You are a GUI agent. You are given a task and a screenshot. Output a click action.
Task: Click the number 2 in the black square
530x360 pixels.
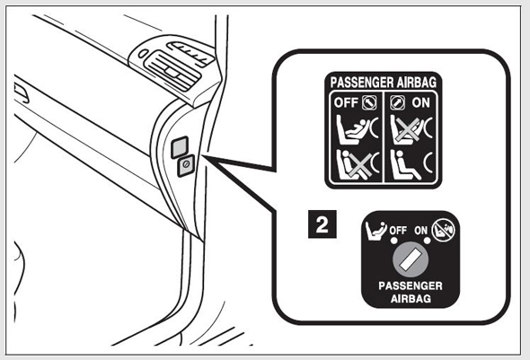coord(322,224)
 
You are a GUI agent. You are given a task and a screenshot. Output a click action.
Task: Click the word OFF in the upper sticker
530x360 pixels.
coord(346,102)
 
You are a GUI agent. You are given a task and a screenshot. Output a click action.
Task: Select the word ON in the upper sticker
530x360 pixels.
coord(420,102)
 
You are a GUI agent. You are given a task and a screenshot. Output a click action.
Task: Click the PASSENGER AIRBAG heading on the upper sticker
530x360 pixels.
coord(384,83)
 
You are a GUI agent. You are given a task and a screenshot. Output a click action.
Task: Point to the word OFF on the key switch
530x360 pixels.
coord(398,231)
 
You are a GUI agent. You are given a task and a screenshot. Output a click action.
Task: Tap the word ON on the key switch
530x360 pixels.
coord(421,231)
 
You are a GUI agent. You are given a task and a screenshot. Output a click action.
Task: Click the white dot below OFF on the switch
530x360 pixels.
coord(393,241)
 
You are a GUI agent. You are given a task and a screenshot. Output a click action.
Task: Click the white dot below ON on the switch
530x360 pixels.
coord(428,241)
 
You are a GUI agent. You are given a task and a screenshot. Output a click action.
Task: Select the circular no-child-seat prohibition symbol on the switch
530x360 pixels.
coord(444,231)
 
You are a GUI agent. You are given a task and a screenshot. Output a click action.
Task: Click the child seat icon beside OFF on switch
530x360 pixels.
coord(375,231)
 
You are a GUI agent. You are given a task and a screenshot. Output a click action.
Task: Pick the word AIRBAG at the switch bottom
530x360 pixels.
coord(411,299)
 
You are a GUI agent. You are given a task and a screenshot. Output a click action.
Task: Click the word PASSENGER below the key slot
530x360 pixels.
coord(411,286)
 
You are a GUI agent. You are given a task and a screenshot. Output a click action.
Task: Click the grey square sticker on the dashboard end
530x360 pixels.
coord(180,147)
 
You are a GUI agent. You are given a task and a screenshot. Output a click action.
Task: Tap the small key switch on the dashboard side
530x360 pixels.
coord(186,165)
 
